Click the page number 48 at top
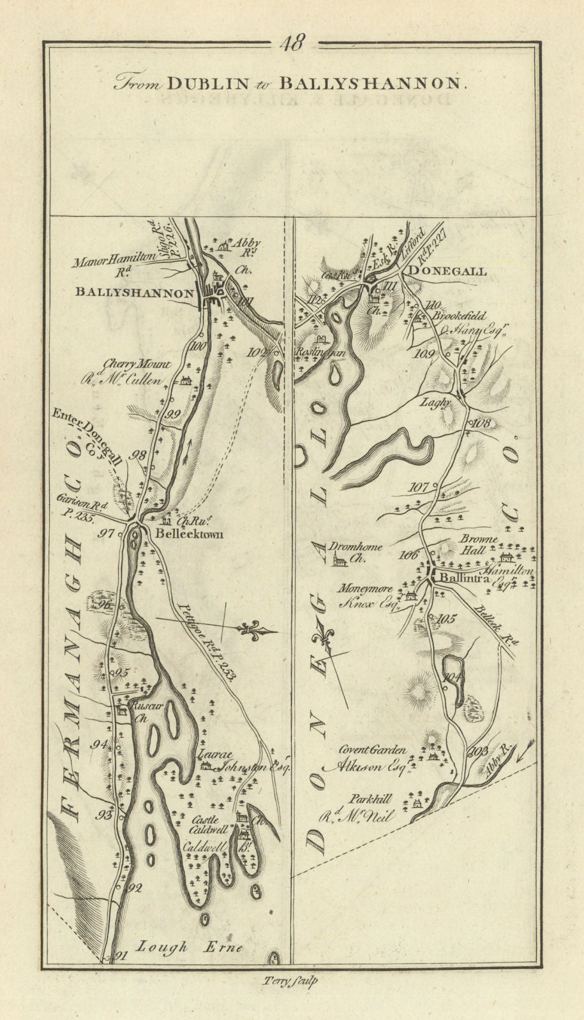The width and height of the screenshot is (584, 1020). click(x=293, y=43)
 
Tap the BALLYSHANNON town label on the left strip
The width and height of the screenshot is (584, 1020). click(x=134, y=293)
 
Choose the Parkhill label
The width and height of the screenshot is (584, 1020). click(x=370, y=798)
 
